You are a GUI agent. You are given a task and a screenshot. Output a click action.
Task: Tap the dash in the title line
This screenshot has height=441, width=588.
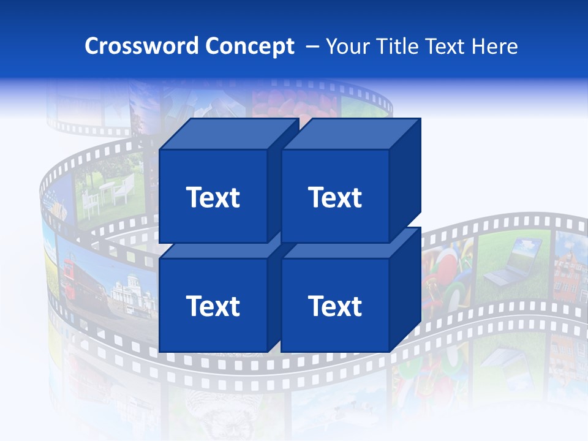[312, 47]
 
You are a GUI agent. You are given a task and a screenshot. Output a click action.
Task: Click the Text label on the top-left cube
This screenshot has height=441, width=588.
[213, 197]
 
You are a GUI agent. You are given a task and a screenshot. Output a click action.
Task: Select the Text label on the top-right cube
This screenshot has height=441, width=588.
[335, 197]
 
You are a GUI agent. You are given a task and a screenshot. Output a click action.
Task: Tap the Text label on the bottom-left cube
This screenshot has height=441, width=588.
[213, 306]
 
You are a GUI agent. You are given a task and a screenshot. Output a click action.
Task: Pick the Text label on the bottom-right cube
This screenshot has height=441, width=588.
[335, 306]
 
